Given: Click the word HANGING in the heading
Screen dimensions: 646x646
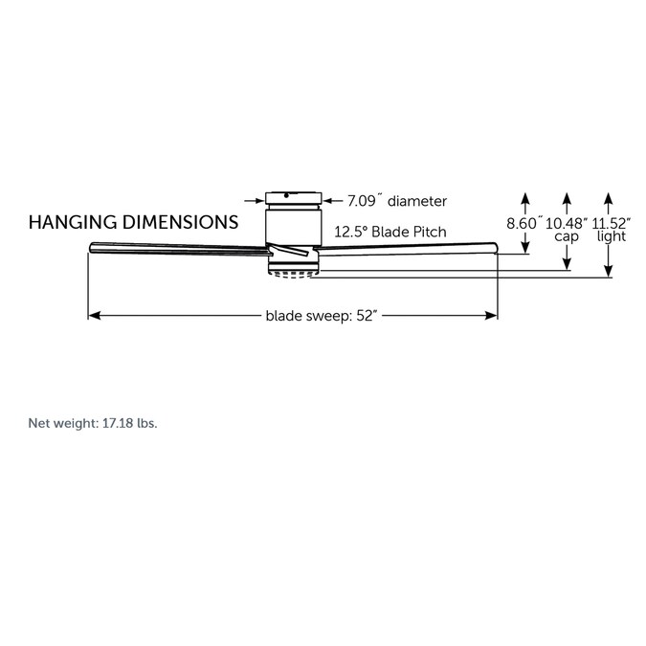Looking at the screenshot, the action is [73, 222].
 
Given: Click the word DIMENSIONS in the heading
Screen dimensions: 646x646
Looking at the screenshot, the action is [181, 222].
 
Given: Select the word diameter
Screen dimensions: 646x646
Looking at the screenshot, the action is [417, 201].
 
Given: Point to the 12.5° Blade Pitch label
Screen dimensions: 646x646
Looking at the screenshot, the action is [390, 232].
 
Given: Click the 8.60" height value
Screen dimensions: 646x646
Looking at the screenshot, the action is [523, 224].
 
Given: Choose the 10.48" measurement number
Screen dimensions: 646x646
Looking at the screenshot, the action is [567, 224].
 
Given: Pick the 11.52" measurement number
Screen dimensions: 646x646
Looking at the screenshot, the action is [611, 224].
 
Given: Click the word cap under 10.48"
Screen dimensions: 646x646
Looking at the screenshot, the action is [567, 237].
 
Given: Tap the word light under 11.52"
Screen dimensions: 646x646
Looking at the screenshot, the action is [612, 236].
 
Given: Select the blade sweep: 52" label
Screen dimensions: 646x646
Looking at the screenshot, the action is [322, 316].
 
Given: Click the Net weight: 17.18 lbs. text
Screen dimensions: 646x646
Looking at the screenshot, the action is [93, 423].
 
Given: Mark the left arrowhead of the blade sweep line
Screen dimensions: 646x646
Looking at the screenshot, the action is [95, 316].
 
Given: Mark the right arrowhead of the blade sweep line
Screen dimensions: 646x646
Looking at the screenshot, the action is [492, 316].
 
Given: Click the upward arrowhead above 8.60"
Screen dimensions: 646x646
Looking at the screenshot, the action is [524, 198].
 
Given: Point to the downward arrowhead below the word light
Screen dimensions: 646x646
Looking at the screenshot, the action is [608, 271].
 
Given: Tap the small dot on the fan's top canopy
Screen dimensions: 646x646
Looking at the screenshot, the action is [286, 195].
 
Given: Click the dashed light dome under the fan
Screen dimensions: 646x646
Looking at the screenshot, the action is [293, 274].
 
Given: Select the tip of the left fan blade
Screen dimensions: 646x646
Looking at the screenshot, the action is [90, 248].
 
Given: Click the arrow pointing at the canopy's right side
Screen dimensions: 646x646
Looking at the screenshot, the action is [332, 201].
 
